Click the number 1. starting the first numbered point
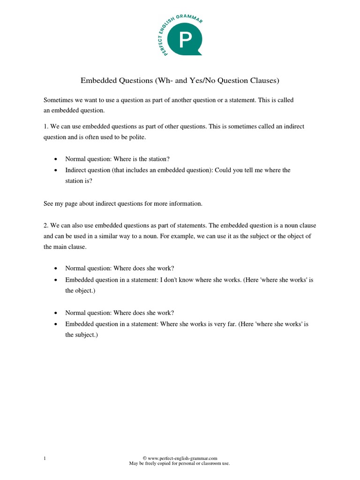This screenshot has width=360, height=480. (x=46, y=127)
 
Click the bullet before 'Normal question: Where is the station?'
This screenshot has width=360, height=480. (x=56, y=159)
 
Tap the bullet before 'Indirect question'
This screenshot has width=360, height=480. (x=56, y=170)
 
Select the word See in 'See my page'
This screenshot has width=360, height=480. (x=49, y=203)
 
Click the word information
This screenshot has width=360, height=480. (x=187, y=203)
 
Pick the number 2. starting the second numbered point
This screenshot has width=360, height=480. (x=46, y=225)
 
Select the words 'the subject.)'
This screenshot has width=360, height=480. (x=81, y=335)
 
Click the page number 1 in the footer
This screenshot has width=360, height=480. (x=45, y=458)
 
